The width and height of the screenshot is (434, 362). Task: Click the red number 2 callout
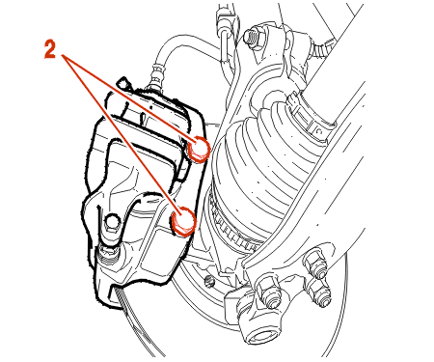(50, 50)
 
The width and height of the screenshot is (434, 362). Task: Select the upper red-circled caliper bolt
(199, 149)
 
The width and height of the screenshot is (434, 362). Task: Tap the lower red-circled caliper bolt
(183, 221)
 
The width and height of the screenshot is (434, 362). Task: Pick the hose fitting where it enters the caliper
(155, 80)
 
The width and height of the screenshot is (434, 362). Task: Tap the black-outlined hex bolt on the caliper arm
(111, 222)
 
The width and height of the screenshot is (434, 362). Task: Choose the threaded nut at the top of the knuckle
(253, 36)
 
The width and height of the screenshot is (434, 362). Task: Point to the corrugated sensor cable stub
(322, 48)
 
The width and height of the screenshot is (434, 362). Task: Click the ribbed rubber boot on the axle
(267, 152)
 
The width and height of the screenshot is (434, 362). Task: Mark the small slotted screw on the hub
(209, 281)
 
